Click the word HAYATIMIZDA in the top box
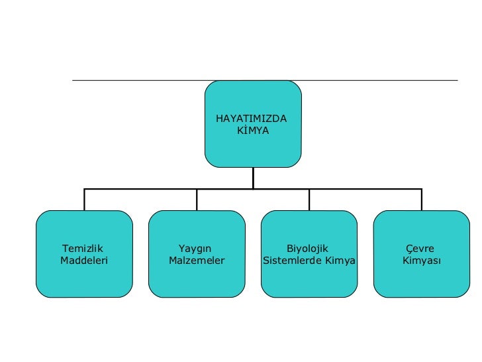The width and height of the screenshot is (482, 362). (251, 119)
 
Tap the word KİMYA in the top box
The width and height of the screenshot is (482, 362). (252, 131)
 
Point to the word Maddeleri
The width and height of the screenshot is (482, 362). (84, 261)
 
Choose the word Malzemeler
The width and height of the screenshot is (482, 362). (197, 261)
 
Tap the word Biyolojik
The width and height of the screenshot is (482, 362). (307, 249)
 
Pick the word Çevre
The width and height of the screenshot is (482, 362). (420, 249)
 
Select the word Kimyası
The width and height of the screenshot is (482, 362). (422, 261)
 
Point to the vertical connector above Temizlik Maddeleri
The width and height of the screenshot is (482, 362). (84, 200)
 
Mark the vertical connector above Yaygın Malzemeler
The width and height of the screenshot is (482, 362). (197, 200)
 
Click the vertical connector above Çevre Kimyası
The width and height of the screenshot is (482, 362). (422, 200)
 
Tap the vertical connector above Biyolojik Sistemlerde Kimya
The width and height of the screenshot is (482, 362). (309, 200)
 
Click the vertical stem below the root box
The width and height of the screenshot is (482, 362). (253, 177)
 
